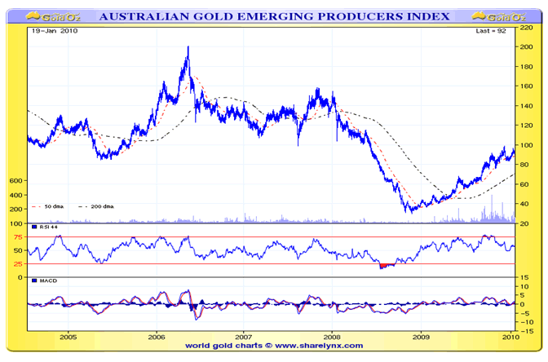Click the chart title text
tap(273, 15)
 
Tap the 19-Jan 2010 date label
tap(55, 30)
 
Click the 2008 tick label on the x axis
tap(332, 335)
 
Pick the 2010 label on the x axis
tap(509, 335)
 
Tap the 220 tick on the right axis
tap(528, 27)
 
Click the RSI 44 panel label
tap(46, 227)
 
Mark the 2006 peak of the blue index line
tap(188, 48)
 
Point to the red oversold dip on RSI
tap(385, 265)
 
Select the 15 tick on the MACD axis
tap(526, 279)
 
